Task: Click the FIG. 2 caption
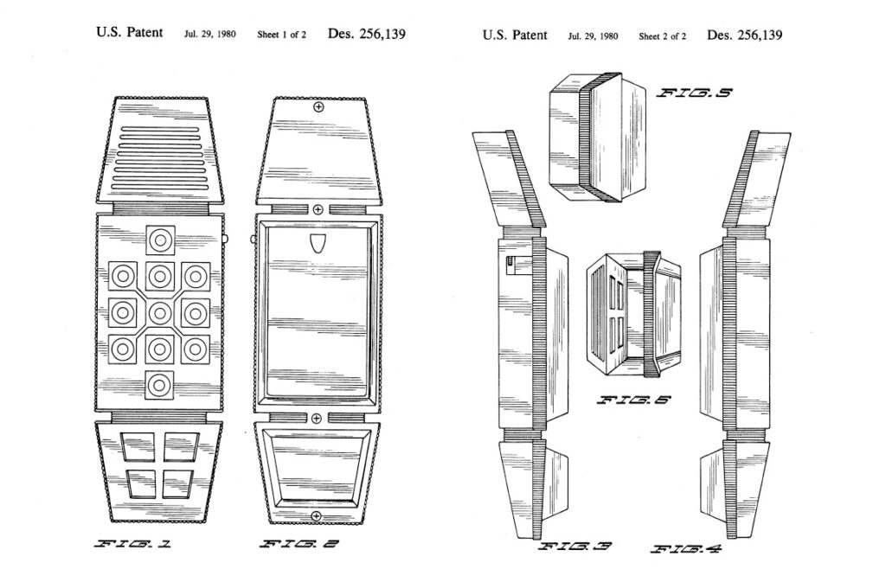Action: (x=299, y=544)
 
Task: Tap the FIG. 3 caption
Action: (x=576, y=547)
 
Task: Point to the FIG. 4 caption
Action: (x=685, y=548)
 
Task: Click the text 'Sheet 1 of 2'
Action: (x=281, y=35)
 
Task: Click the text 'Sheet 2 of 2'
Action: (x=663, y=36)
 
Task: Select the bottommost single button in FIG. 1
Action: (x=159, y=384)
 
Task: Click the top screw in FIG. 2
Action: (x=318, y=108)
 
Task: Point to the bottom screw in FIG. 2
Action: (x=317, y=516)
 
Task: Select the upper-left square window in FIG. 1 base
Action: (x=137, y=446)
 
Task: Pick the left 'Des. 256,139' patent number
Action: (x=367, y=35)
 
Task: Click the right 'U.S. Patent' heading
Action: (x=515, y=35)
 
